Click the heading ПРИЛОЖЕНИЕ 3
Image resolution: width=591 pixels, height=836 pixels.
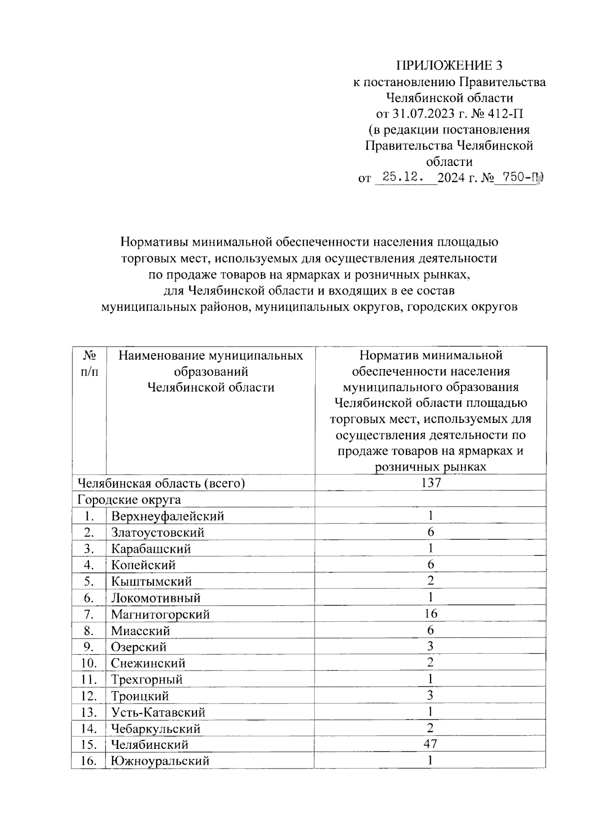[x=450, y=65]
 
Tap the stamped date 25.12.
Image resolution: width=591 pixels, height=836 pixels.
[x=404, y=177]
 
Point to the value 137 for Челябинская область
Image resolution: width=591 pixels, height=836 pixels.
[x=430, y=483]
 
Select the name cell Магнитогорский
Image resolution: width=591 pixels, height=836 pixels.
[x=161, y=614]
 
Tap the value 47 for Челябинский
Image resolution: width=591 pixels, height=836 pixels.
[x=430, y=744]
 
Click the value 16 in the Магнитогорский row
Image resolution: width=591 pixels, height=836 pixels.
[x=430, y=613]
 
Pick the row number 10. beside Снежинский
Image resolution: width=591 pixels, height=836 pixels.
[x=89, y=663]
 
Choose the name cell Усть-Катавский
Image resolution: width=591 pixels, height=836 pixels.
[x=158, y=712]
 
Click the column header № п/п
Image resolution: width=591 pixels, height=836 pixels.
[x=89, y=363]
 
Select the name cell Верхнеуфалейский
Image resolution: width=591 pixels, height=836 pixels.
[x=167, y=516]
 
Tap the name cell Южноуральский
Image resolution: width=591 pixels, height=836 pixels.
[x=161, y=761]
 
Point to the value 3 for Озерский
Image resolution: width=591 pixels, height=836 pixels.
[x=430, y=646]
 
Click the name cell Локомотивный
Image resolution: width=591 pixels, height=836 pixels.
[x=156, y=598]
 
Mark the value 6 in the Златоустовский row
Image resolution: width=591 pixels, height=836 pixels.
[x=430, y=532]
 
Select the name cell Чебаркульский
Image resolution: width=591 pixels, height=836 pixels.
[x=156, y=729]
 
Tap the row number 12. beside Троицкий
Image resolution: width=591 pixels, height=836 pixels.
[x=89, y=696]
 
